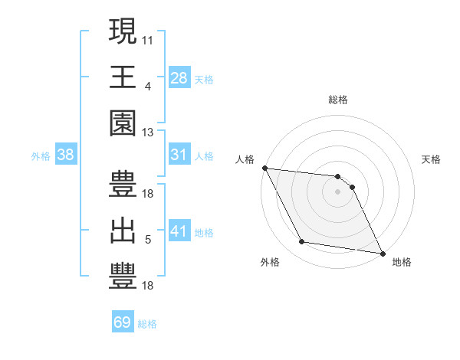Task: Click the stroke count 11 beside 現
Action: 148,38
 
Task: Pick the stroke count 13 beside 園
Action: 148,133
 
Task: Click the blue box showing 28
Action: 179,77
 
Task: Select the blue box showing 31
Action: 179,155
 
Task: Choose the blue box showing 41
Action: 179,231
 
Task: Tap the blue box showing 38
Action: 66,155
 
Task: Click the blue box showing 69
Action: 123,322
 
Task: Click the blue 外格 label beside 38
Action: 41,156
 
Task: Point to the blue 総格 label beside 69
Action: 147,324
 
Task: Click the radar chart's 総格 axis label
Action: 338,100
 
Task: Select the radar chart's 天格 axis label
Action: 432,159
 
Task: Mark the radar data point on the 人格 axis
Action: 264,168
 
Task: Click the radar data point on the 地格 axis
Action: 382,253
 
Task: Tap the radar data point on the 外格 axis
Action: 302,242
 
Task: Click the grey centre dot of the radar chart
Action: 338,191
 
